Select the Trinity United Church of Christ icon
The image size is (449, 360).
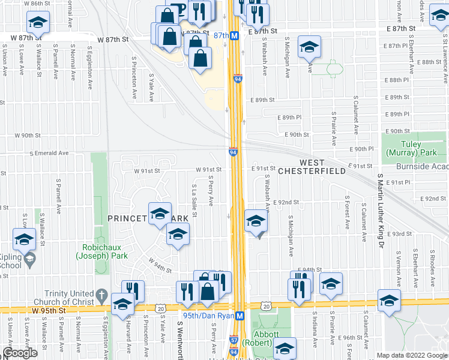tap(101, 296)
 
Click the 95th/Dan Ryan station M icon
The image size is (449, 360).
tap(239, 316)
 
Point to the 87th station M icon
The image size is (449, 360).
tap(235, 35)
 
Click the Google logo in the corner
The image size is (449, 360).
tap(20, 353)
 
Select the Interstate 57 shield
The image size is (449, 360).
tap(233, 340)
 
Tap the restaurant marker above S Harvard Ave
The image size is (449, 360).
tap(133, 291)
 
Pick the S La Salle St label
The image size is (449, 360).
tap(194, 202)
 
